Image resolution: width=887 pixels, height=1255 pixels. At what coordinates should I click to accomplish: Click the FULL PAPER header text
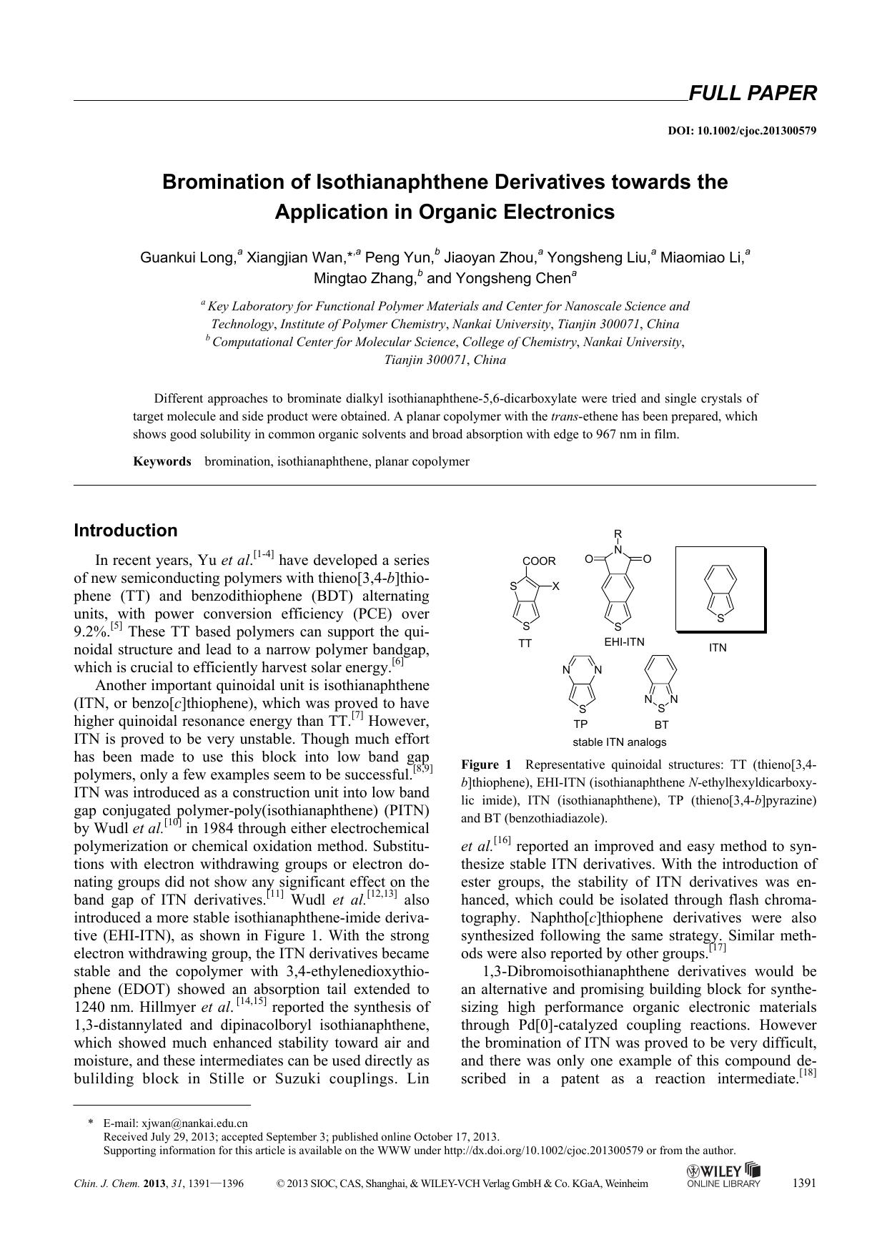coord(751,93)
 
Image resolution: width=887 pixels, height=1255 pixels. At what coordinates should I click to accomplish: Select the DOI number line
coord(742,131)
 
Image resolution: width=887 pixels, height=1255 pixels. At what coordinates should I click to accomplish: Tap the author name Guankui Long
coord(187,257)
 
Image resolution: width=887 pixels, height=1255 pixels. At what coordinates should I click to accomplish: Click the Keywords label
coord(162,461)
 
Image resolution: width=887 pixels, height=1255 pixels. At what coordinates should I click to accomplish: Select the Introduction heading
coord(126,531)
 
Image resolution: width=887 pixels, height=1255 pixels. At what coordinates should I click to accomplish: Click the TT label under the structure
coord(525,644)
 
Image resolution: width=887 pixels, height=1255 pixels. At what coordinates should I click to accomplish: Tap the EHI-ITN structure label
coord(624,642)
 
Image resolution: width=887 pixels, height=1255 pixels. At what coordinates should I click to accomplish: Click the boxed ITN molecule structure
coord(720,591)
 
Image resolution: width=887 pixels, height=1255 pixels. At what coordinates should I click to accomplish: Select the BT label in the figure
coord(661,724)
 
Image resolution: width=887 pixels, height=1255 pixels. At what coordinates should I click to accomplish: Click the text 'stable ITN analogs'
coord(619,742)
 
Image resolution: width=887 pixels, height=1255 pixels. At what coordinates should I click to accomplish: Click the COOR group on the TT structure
coord(539,561)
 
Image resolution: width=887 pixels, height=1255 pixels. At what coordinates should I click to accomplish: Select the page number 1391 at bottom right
coord(804,1183)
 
